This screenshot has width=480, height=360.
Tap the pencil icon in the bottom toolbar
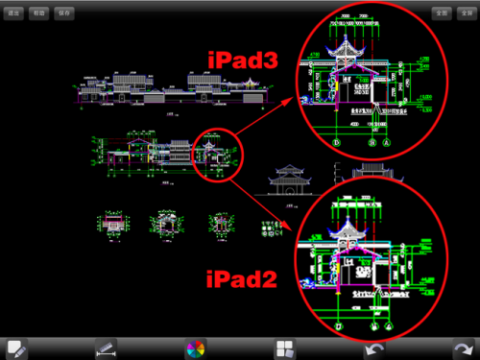tap(15, 348)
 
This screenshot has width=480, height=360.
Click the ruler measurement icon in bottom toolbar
tap(105, 348)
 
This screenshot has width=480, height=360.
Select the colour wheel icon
tap(196, 348)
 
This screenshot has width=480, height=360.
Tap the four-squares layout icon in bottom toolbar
tap(285, 348)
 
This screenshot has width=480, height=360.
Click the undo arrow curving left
tap(375, 348)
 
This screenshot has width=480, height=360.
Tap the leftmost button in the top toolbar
tap(13, 13)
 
